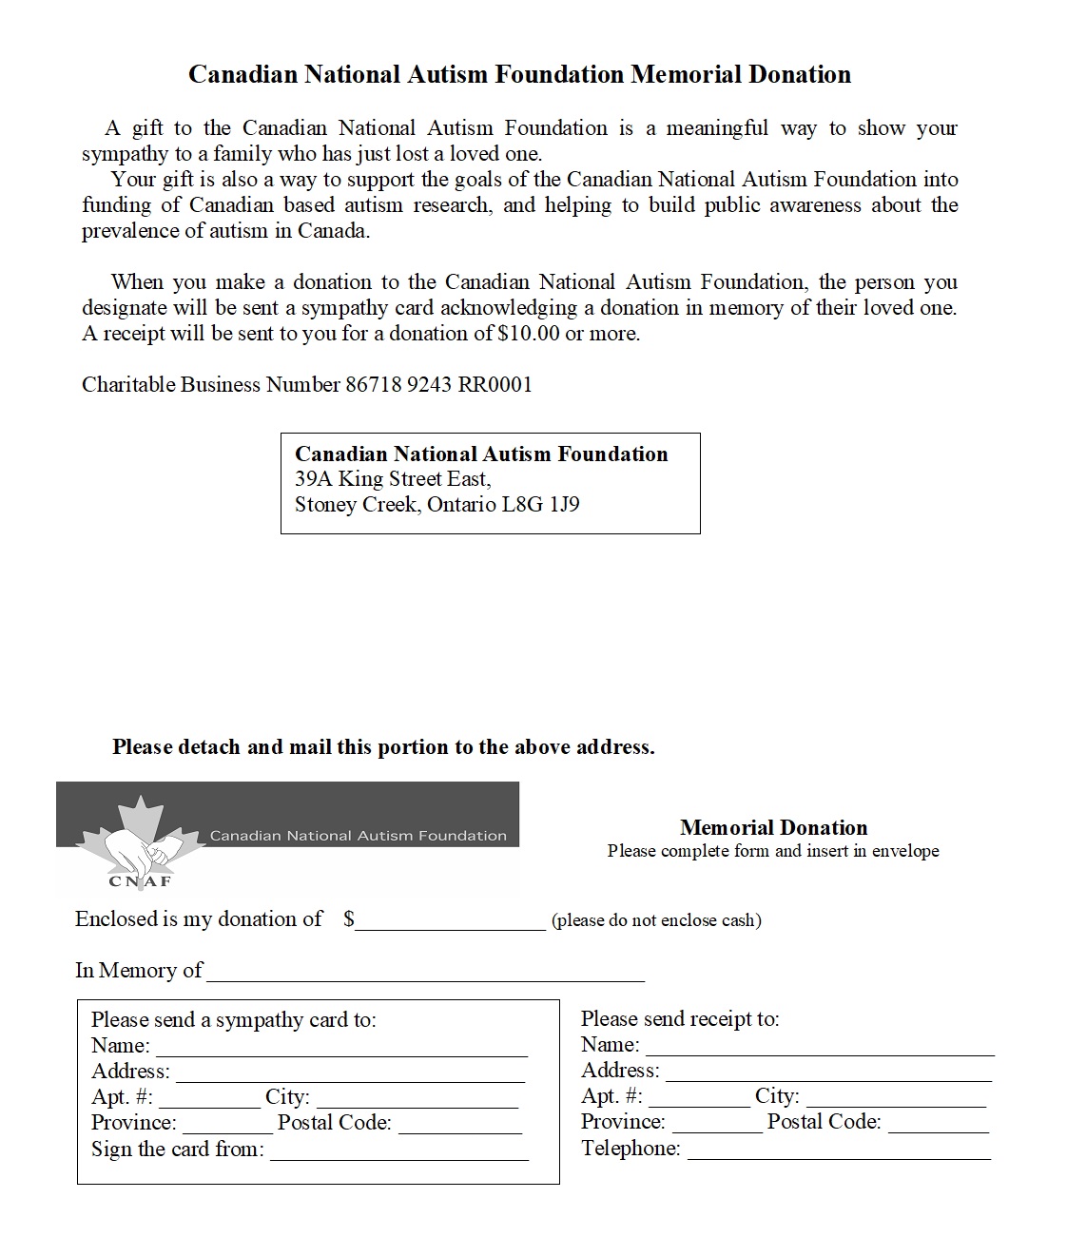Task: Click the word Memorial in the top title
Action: pos(686,74)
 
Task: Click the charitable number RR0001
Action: pos(495,385)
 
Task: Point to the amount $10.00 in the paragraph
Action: pos(528,334)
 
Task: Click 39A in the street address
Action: pos(313,479)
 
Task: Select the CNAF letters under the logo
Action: pos(140,881)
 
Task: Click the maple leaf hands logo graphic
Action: pos(140,841)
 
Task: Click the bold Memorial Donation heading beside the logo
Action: pos(773,827)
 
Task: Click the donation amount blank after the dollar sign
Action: pos(451,922)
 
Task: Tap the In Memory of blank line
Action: pos(425,974)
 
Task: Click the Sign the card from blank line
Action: pos(399,1152)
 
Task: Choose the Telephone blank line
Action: pos(839,1151)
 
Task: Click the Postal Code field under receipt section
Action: pos(939,1125)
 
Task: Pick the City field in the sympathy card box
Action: pos(417,1100)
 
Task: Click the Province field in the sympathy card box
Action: pos(226,1126)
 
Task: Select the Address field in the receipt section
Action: pos(828,1073)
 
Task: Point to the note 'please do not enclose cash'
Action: pos(656,920)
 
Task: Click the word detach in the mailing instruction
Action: pos(206,747)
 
